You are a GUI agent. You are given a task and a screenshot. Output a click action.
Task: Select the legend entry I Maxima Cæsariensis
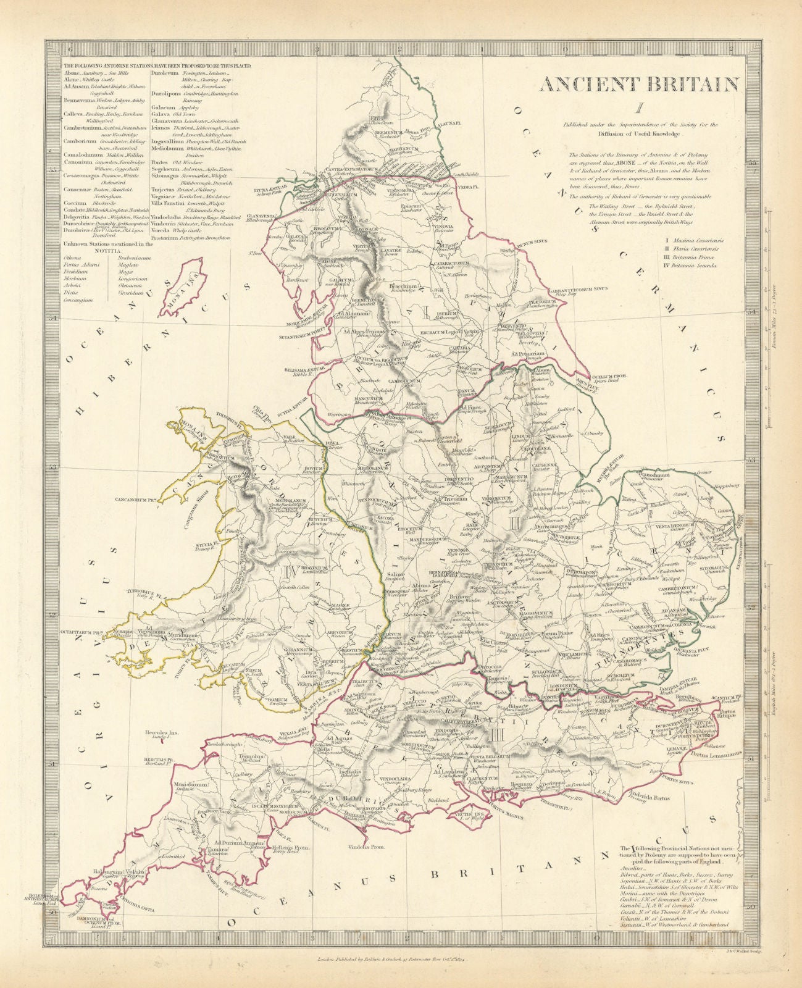[695, 238]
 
